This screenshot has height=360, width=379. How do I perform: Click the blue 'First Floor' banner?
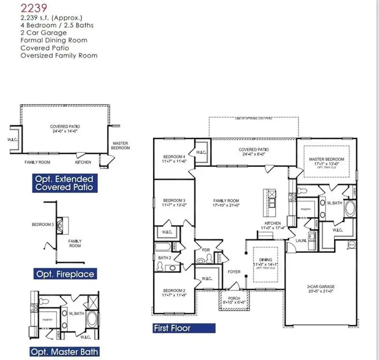[x=183, y=328]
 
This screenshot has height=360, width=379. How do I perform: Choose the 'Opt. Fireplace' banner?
[x=64, y=274]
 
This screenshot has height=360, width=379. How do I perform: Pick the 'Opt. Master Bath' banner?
[x=64, y=351]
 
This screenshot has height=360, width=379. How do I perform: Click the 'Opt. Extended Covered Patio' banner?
[x=63, y=183]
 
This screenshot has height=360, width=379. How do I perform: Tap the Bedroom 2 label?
[x=173, y=293]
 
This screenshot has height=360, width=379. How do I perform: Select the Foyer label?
[x=234, y=271]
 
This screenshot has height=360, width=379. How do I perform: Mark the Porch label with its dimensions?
[x=234, y=301]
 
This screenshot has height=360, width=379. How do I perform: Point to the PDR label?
[x=205, y=249]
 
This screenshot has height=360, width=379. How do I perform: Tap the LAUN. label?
[x=301, y=240]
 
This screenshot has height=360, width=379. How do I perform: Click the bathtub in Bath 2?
[x=165, y=247]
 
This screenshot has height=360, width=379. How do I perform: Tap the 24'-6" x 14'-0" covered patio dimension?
[x=65, y=132]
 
